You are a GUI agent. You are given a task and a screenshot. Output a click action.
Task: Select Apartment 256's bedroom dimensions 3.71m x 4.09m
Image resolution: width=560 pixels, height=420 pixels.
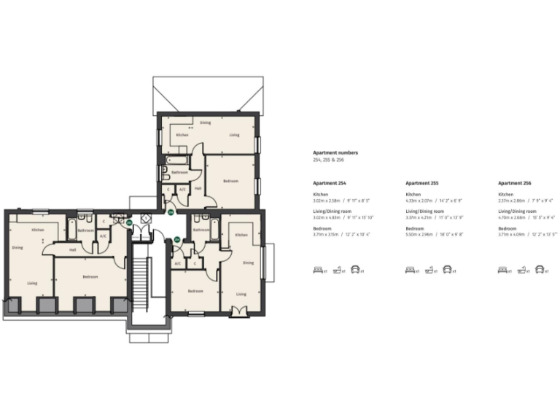coord(527,234)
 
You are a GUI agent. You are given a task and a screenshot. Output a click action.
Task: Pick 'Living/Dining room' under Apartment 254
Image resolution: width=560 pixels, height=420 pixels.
coord(331,211)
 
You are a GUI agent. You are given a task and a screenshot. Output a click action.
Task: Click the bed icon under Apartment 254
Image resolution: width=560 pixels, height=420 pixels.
coord(318,270)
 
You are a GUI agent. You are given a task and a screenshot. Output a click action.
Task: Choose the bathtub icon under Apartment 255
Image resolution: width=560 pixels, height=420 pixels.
coord(429,270)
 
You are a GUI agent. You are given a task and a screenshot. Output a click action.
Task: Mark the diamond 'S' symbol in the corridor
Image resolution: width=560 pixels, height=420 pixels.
coord(146,217)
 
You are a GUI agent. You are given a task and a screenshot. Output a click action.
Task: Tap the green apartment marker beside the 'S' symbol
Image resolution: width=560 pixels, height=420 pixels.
coord(130,222)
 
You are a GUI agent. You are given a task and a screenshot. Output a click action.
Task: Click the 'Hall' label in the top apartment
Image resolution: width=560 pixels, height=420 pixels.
coord(198,187)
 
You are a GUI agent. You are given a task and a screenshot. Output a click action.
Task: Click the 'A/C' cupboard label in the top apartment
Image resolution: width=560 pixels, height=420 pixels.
coord(182,190)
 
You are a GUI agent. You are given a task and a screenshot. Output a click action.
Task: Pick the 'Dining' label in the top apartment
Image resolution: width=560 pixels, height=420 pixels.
coord(206,122)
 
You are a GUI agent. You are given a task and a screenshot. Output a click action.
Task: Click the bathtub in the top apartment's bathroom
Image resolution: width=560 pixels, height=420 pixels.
coord(176,158)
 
